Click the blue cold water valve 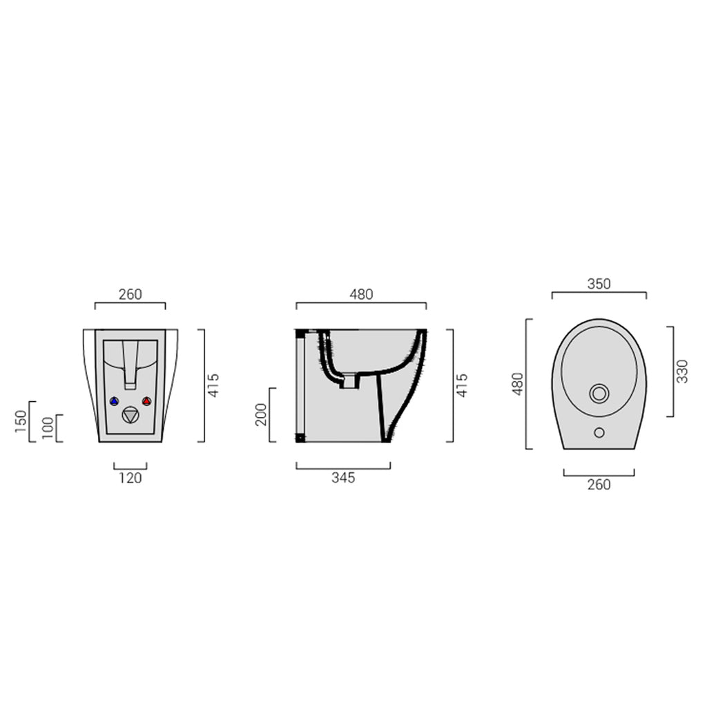(114, 401)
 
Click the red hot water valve (146, 401)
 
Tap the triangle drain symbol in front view (130, 415)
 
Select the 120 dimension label (130, 478)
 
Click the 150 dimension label (21, 421)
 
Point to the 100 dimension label (47, 428)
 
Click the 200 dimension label (261, 415)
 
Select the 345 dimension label (342, 478)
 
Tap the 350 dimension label (599, 284)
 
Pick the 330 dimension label (682, 371)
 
